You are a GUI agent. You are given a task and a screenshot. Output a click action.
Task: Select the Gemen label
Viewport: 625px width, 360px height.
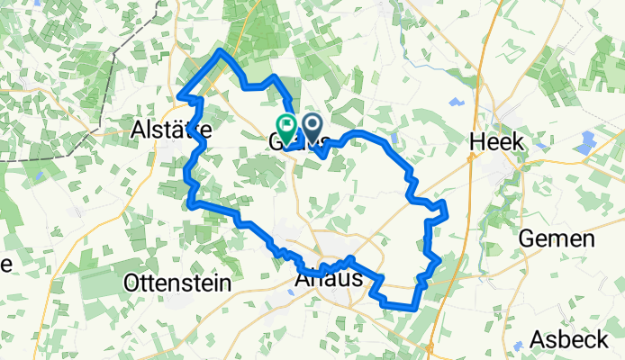point(557,239)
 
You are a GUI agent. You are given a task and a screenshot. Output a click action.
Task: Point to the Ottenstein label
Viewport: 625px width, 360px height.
point(177,283)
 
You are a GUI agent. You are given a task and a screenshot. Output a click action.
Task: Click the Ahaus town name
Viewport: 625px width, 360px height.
point(329,280)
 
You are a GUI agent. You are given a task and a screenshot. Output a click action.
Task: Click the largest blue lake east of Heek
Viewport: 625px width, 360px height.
point(588,141)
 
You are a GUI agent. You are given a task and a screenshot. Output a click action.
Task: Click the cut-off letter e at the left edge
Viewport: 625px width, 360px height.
point(5,265)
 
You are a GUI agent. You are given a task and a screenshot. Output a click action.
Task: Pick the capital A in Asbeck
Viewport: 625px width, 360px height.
point(538,339)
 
